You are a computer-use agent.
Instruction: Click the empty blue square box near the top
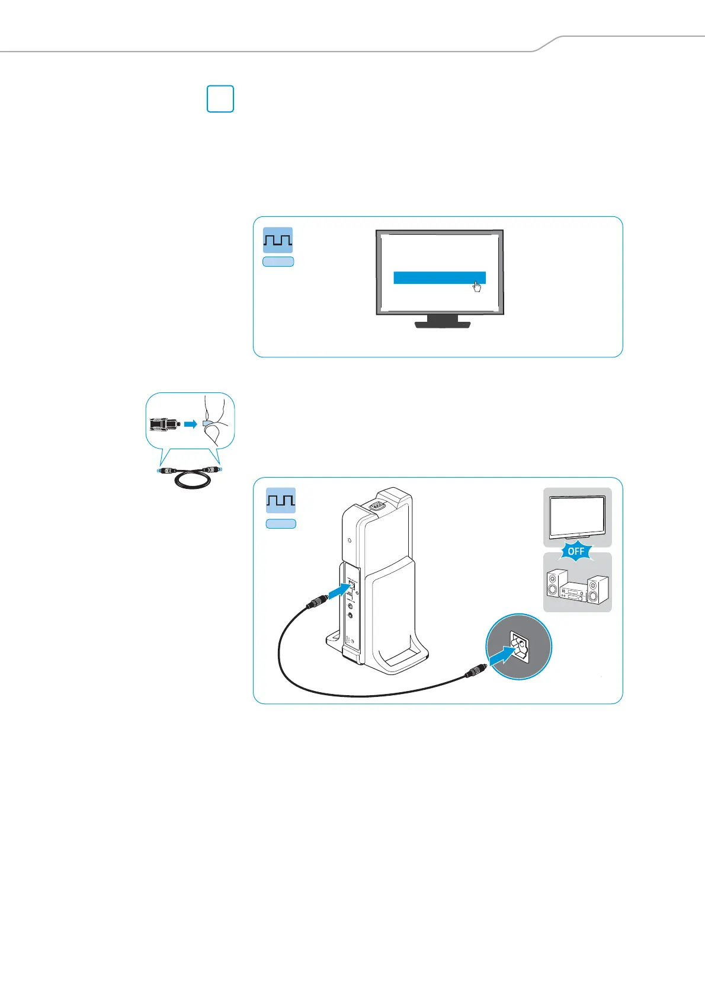(x=220, y=99)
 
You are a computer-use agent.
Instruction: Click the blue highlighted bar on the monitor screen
(x=439, y=278)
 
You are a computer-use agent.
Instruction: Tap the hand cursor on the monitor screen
(x=478, y=287)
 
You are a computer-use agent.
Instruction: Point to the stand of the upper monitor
(x=442, y=322)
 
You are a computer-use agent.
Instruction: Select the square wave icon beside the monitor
(x=278, y=240)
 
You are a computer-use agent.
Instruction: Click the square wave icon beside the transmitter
(x=280, y=501)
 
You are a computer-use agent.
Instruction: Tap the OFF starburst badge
(x=576, y=551)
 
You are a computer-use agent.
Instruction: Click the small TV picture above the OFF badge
(x=577, y=516)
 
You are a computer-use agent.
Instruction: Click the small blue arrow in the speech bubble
(x=190, y=424)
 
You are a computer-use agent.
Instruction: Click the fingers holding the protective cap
(x=214, y=421)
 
